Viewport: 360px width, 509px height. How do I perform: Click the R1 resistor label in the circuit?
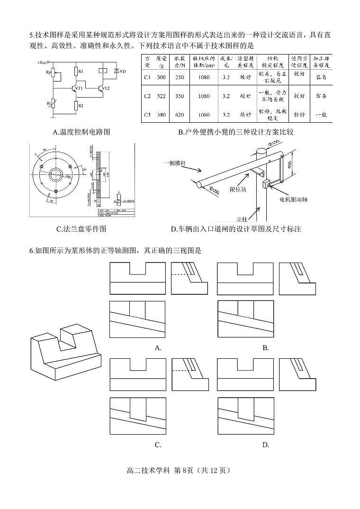pos(81,71)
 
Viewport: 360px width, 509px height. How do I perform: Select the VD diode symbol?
pos(117,71)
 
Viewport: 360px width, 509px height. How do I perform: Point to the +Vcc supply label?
pos(41,62)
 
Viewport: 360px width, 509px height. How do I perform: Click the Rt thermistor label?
pos(49,103)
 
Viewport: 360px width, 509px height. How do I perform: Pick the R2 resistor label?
pos(81,105)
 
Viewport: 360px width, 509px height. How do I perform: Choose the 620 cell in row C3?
pos(180,115)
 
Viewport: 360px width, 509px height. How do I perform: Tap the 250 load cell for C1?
pos(180,77)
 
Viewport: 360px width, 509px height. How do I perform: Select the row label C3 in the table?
pos(147,115)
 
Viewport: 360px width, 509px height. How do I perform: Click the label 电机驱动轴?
pos(293,200)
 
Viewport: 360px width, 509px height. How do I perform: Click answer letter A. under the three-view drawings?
pos(158,348)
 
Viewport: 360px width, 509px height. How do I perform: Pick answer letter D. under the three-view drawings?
pos(266,445)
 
